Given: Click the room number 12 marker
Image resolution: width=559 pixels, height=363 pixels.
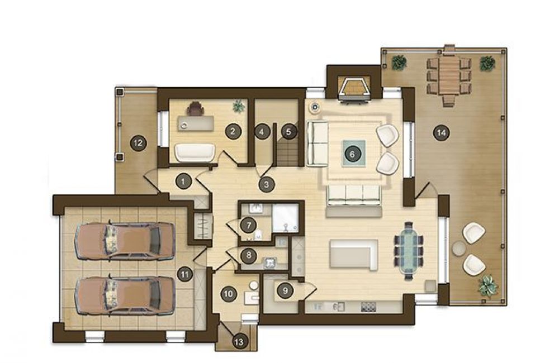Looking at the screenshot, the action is pos(138,143).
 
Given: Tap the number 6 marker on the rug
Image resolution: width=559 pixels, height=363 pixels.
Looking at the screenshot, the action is pos(352,154).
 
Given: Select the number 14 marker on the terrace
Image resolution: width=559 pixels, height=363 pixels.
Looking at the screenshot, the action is pos(442,133).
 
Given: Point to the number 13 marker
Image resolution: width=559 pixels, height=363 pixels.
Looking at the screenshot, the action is pos(239,342).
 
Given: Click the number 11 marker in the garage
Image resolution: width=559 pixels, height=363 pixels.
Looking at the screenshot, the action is pos(184,274).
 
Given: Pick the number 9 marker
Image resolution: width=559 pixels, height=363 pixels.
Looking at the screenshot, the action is pos(285,291).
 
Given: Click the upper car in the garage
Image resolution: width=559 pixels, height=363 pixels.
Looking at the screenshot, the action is pos(125,241).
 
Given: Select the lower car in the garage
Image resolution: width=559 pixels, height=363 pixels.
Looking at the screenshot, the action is pos(125,295).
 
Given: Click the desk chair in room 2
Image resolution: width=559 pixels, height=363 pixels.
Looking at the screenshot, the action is pos(195,109).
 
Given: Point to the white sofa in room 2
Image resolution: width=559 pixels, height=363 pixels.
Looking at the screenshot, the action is pos(195,152).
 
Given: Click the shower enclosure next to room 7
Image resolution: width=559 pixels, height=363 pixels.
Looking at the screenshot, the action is pos(285,217).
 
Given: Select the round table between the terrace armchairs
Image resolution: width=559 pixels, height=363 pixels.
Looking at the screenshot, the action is pos(459,249).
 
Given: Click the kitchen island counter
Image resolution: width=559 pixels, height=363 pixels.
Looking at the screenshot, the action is pos(354,254).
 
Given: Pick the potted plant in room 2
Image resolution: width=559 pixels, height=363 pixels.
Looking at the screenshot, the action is pos(239,106).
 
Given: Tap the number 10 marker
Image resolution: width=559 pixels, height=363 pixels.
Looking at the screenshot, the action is pos(229,294).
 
